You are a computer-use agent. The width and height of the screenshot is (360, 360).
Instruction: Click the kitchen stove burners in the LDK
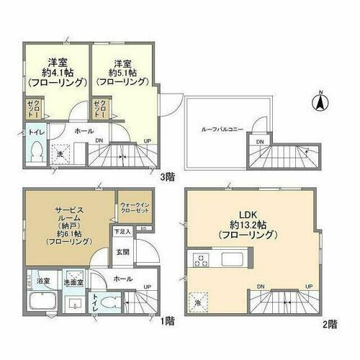pos(197,259)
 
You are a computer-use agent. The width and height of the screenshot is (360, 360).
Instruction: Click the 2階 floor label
pos(329,324)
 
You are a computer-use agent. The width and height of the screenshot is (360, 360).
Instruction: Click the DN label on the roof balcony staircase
pos(260,142)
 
